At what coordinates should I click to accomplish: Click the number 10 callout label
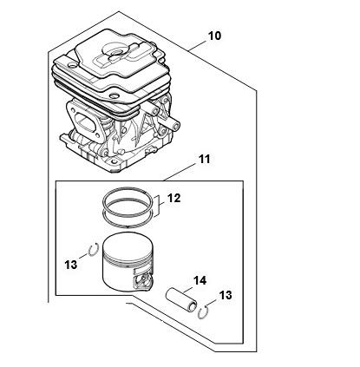pyautogui.click(x=214, y=36)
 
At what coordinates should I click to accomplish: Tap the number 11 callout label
pyautogui.click(x=204, y=159)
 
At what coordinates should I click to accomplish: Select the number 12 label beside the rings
pyautogui.click(x=173, y=198)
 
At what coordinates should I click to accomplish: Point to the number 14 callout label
pyautogui.click(x=200, y=280)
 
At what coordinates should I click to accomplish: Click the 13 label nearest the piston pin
pyautogui.click(x=226, y=295)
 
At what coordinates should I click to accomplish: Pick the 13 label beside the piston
pyautogui.click(x=71, y=265)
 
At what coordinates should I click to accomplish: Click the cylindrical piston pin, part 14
pyautogui.click(x=181, y=299)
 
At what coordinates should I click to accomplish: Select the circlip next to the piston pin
pyautogui.click(x=204, y=313)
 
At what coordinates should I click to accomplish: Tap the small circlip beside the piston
pyautogui.click(x=94, y=250)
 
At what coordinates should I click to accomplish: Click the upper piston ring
pyautogui.click(x=128, y=189)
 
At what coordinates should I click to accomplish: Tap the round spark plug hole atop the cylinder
pyautogui.click(x=117, y=53)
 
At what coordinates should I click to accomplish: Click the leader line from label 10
pyautogui.click(x=197, y=46)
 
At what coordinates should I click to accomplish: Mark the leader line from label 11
pyautogui.click(x=179, y=173)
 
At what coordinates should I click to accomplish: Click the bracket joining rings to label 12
pyautogui.click(x=159, y=206)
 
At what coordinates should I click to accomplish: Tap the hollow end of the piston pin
pyautogui.click(x=192, y=307)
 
